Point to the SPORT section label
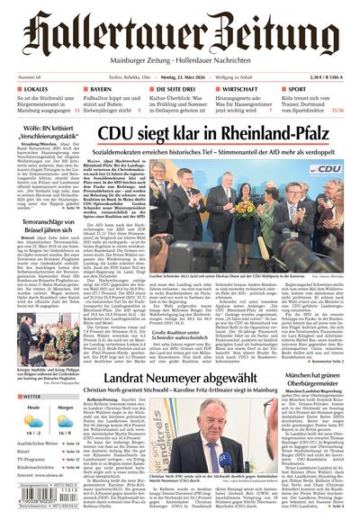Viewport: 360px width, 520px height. coord(296,90)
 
